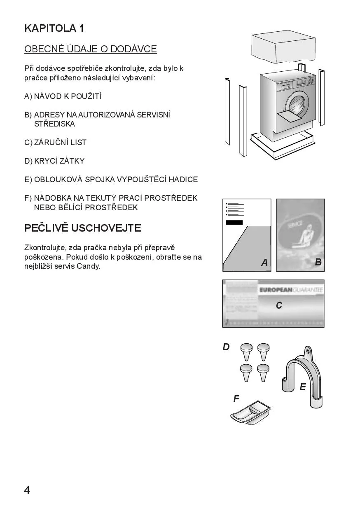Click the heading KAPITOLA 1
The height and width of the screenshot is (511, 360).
54,28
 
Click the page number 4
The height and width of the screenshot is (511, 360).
27,490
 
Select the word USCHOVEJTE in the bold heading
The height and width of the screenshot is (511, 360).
106,228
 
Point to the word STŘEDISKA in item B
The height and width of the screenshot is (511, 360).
54,124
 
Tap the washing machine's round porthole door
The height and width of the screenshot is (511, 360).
297,104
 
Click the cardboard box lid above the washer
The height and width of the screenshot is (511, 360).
283,46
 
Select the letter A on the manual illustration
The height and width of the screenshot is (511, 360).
264,263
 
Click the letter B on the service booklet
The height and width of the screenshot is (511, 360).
318,262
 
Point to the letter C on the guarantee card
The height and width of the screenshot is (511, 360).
279,305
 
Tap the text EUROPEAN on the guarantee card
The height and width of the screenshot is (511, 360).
276,290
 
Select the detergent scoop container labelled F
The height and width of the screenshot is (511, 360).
250,413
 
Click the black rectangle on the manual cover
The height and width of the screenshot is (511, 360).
234,223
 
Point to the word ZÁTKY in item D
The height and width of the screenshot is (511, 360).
72,161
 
